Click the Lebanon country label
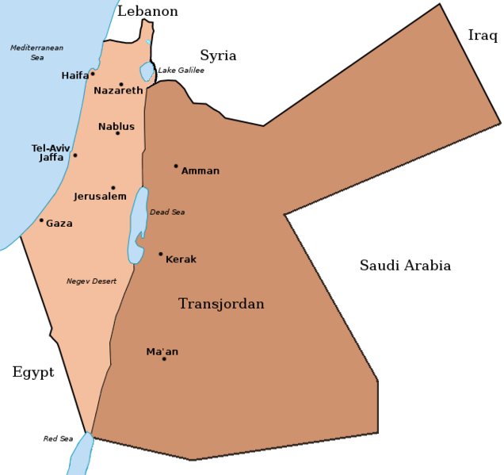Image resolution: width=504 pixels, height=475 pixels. pos(147,11)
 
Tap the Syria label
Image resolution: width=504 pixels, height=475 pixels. pos(218,56)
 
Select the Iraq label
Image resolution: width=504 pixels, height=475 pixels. pos(483,35)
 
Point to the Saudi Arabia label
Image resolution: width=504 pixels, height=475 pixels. pos(405,266)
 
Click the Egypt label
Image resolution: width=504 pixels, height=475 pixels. pos(32,372)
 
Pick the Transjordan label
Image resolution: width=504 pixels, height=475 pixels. pos(221,304)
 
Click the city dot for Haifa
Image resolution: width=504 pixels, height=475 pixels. pos(93,74)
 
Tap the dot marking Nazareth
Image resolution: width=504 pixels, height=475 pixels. pos(121,84)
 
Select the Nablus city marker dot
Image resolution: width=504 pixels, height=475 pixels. pos(117,132)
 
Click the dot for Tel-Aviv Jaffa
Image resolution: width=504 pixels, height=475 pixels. pos(75,155)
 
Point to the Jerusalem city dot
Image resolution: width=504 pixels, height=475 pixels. pos(113,188)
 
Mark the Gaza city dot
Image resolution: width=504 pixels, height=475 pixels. pos(41,220)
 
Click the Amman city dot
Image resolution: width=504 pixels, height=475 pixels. pos(176,166)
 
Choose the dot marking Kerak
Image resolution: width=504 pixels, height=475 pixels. pos(160,255)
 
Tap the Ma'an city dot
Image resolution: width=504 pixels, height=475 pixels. pos(164,359)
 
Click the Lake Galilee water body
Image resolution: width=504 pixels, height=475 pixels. pos(147,71)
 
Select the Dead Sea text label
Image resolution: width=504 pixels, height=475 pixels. pos(167,212)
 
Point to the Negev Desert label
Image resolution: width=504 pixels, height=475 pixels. pos(91,282)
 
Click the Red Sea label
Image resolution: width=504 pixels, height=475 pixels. pos(58,439)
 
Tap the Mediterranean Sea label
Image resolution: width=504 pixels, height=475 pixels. pos(36,52)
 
